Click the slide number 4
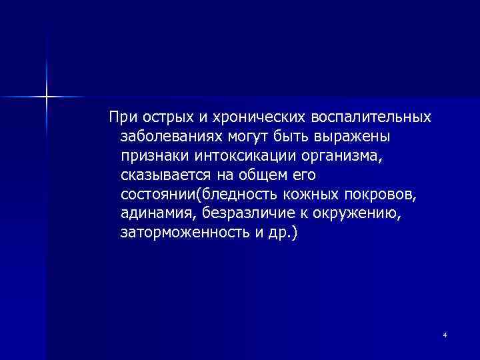click(444, 334)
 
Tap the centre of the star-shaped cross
click(47, 97)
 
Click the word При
click(121, 117)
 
